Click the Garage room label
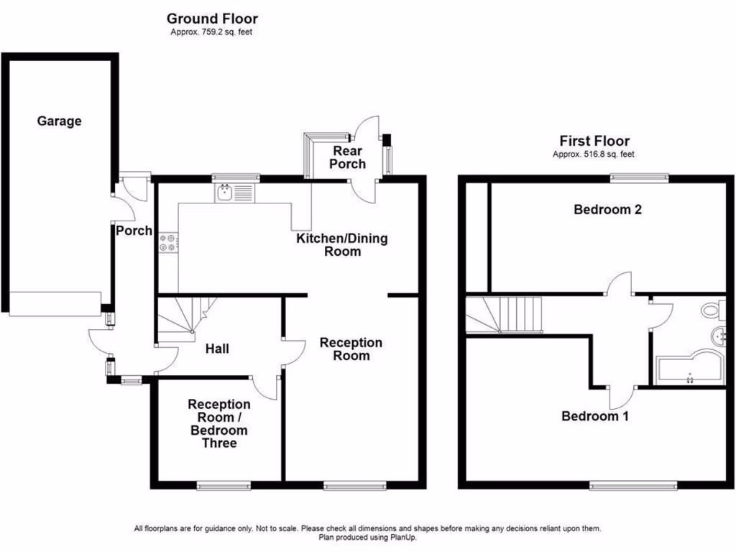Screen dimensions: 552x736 pos(59,121)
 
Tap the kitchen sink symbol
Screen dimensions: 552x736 pos(234,193)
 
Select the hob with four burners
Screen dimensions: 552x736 pos(167,243)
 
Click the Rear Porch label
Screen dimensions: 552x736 pos(348,157)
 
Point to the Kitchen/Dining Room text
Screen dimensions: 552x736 pos(342,244)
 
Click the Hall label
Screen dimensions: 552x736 pos(217,349)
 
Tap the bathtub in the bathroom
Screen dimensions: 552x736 pos(686,369)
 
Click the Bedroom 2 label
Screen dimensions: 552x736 pos(607,210)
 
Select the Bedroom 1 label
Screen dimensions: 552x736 pos(595,415)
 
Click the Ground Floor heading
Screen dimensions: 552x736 pos(212,19)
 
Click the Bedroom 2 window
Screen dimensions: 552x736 pos(640,178)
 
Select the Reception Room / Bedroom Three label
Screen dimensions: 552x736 pos(219,424)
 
